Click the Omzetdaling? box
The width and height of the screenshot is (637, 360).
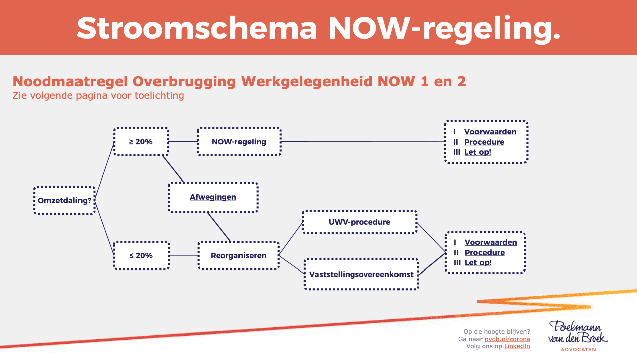pos(64,200)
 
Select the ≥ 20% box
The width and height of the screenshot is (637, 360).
pos(141,141)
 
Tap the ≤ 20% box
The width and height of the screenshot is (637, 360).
pos(141,255)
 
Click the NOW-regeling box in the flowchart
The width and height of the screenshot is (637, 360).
pos(239,141)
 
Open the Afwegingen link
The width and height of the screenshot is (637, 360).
pos(213,197)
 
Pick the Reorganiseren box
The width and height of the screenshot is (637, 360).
pos(238,255)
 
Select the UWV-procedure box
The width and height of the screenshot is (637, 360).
pos(359,222)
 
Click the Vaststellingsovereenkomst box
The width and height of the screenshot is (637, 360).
pos(361,274)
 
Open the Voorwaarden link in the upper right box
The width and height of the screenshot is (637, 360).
pos(490,132)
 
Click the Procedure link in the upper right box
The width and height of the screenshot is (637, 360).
pos(484,142)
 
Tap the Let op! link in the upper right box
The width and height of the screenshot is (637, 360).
pos(477,152)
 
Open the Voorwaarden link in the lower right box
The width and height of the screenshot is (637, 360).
pos(491,242)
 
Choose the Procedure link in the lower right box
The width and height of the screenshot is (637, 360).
pos(485,252)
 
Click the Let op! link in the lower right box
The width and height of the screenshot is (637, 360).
pos(478,263)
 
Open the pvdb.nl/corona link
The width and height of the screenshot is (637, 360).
pos(507,339)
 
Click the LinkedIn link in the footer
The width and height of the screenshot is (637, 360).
pos(517,346)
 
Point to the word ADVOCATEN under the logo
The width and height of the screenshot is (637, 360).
pos(578,350)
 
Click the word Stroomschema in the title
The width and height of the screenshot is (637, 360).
pos(197,28)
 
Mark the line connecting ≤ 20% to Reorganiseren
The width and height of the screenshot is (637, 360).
pos(184,255)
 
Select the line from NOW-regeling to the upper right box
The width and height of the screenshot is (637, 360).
pos(363,141)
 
